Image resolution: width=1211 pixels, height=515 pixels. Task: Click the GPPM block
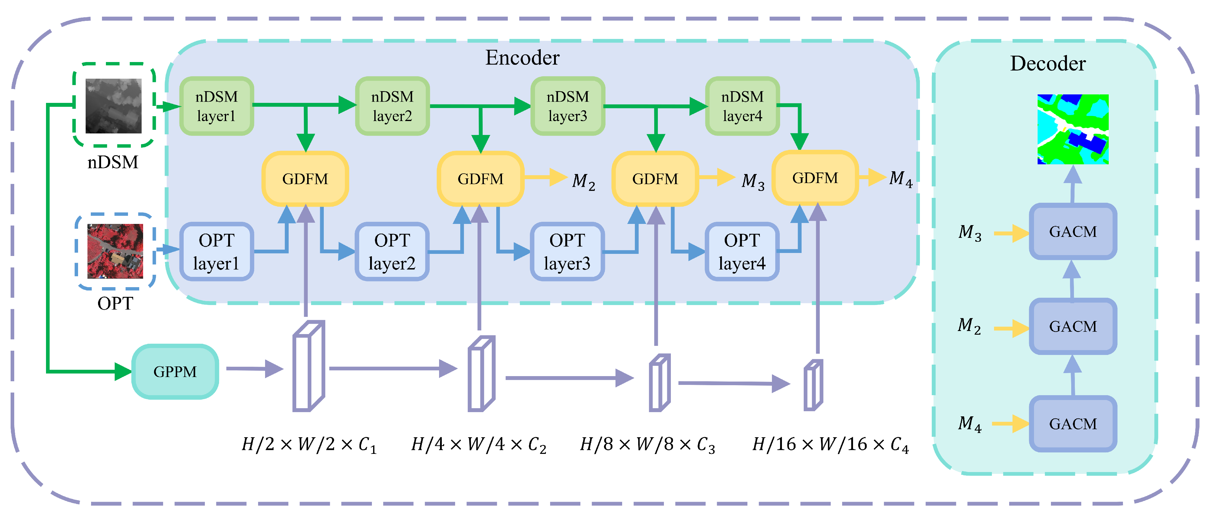click(175, 371)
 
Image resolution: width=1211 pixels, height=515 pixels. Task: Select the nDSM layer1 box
click(216, 106)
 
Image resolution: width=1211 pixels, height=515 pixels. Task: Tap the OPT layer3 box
click(567, 251)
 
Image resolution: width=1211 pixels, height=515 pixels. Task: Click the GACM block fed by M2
click(1072, 326)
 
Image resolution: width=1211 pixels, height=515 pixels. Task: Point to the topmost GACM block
click(1072, 231)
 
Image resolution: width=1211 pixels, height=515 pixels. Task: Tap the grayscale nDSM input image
click(113, 106)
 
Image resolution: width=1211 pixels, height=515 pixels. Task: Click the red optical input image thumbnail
click(115, 251)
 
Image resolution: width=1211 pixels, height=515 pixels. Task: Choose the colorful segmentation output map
click(1072, 129)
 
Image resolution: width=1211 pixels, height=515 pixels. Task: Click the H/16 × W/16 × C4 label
click(830, 444)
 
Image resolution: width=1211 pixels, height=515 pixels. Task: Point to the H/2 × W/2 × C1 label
click(309, 444)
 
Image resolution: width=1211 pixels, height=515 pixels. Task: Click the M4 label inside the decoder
click(969, 424)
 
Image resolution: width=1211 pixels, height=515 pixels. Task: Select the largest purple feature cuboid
click(308, 366)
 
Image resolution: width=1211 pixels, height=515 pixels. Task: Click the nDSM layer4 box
click(742, 106)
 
